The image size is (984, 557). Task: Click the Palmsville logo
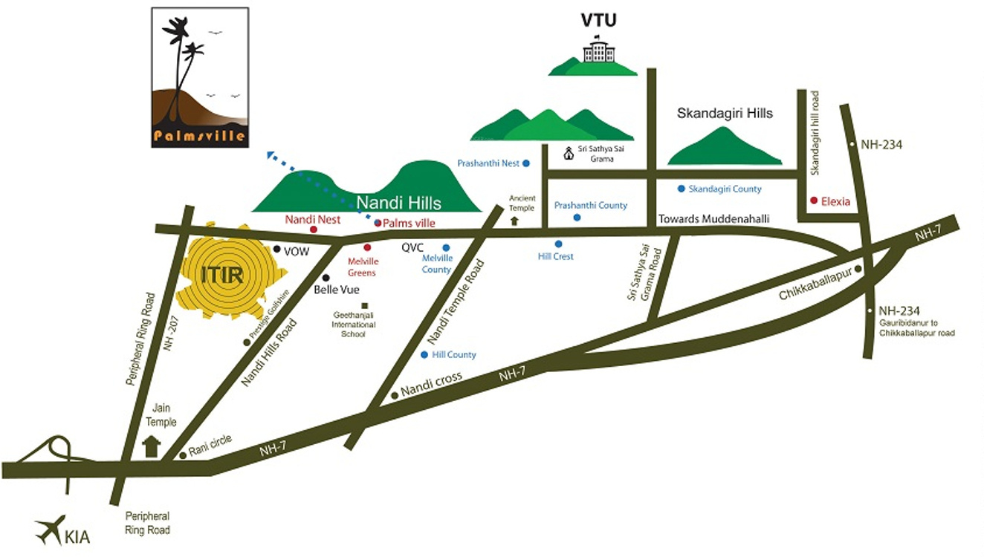click(x=200, y=77)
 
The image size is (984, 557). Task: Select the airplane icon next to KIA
click(x=49, y=530)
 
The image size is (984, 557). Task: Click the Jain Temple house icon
click(x=151, y=446)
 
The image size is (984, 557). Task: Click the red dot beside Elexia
click(x=815, y=201)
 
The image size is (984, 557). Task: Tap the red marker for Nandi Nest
click(x=314, y=229)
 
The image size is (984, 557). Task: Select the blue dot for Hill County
click(x=424, y=355)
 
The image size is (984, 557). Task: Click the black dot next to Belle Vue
click(x=326, y=278)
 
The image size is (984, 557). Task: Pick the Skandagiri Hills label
click(x=725, y=114)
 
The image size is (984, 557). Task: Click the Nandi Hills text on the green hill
click(x=398, y=203)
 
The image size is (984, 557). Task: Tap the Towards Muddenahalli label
click(x=713, y=219)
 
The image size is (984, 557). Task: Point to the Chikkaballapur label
click(x=814, y=287)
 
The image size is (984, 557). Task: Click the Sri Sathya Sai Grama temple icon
click(x=569, y=153)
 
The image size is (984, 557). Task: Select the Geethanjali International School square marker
click(x=364, y=305)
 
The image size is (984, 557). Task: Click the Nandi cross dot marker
click(x=394, y=395)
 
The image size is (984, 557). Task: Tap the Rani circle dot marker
click(x=183, y=455)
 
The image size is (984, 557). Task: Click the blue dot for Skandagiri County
click(x=681, y=189)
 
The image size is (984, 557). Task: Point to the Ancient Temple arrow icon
click(x=514, y=221)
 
